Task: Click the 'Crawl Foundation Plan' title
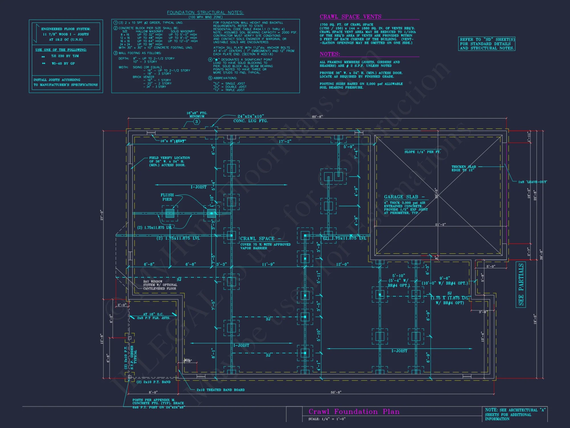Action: pyautogui.click(x=354, y=411)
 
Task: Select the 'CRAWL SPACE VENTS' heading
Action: pyautogui.click(x=350, y=17)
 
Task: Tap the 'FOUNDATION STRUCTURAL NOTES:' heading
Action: pyautogui.click(x=205, y=13)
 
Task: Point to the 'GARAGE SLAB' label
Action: pyautogui.click(x=401, y=197)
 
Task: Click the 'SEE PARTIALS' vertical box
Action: pyautogui.click(x=521, y=284)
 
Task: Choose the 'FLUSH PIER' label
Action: pyautogui.click(x=167, y=197)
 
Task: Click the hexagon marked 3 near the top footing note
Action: pyautogui.click(x=197, y=122)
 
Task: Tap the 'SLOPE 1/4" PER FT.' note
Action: pyautogui.click(x=422, y=152)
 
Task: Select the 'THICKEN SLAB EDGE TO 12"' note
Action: pyautogui.click(x=463, y=168)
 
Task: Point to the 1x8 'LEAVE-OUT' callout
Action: pyautogui.click(x=532, y=182)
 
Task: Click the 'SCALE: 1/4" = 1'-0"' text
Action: pyautogui.click(x=327, y=419)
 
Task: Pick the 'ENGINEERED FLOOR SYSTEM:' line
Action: pyautogui.click(x=66, y=29)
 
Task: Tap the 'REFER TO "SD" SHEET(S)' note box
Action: pyautogui.click(x=487, y=44)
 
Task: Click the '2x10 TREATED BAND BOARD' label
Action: pyautogui.click(x=220, y=390)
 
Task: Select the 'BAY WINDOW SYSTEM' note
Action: pyautogui.click(x=160, y=285)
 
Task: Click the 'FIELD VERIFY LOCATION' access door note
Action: pyautogui.click(x=169, y=161)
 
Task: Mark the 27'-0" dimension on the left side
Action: pyautogui.click(x=102, y=215)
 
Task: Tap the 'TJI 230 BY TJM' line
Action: pyautogui.click(x=65, y=56)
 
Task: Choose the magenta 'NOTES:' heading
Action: pyautogui.click(x=330, y=54)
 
